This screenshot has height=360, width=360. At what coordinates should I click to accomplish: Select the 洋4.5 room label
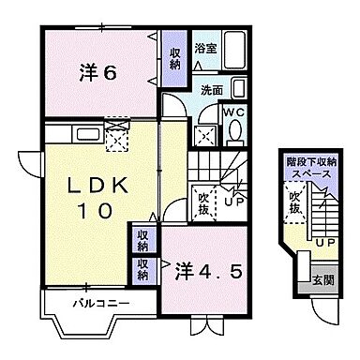click(211, 271)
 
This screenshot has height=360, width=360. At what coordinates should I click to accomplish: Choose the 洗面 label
click(211, 90)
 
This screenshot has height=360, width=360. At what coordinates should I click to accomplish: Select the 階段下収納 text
click(312, 161)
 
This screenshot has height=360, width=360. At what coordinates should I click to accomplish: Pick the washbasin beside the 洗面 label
click(237, 89)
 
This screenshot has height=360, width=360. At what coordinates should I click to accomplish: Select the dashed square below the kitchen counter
click(117, 141)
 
